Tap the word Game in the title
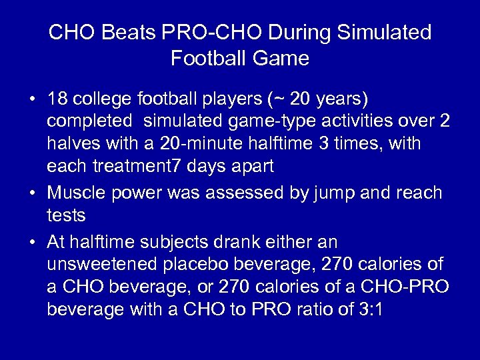(285, 59)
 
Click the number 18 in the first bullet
(57, 99)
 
